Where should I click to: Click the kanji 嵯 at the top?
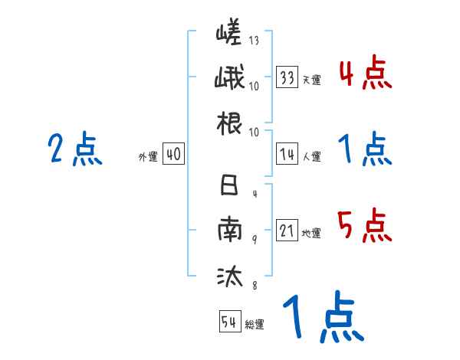228,37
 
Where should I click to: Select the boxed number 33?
288,77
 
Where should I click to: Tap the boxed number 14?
288,155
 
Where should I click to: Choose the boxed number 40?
173,155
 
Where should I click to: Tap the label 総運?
255,324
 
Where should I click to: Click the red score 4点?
364,74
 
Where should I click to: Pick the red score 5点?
364,226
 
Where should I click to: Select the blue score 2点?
74,149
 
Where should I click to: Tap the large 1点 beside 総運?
320,318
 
